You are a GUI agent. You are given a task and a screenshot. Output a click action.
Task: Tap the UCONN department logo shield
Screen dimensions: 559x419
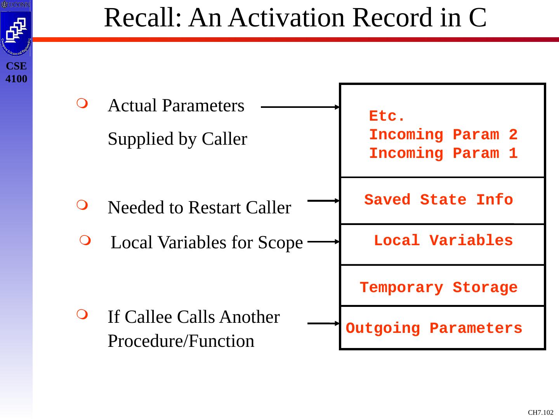pos(16,33)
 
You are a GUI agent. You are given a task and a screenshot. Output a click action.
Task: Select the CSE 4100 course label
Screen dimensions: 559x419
pos(17,73)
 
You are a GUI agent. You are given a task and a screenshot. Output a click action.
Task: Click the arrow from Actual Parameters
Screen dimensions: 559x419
pos(300,107)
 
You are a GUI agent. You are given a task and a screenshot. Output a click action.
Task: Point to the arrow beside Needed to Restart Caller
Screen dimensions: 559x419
pos(323,201)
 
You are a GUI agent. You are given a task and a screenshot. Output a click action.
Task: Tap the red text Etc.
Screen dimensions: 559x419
pos(387,116)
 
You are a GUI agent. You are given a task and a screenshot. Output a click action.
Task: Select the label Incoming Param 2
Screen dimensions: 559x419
pos(443,135)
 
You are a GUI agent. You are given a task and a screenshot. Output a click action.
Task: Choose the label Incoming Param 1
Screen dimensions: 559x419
pos(443,153)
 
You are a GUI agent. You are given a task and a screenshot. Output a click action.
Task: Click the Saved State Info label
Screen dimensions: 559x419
pos(439,200)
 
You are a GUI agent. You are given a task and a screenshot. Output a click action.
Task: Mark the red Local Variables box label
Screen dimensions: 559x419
pos(443,241)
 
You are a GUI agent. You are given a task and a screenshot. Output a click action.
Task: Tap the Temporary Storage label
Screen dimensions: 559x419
pos(439,288)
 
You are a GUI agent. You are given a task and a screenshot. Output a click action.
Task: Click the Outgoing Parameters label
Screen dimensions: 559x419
pos(434,329)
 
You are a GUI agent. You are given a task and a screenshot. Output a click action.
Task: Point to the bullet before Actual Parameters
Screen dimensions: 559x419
pos(82,103)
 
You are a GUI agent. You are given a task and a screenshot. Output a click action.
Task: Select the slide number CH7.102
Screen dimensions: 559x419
pos(541,412)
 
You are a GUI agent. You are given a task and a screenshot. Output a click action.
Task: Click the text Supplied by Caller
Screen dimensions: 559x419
pos(177,139)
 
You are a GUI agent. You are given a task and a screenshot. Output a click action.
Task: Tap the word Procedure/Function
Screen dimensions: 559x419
pos(181,341)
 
